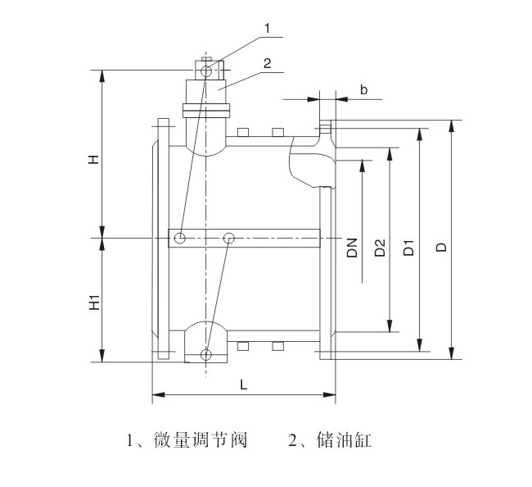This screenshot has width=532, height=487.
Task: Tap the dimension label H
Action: (94, 157)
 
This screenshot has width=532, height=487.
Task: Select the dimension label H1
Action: (94, 302)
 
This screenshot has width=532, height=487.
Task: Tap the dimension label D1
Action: (408, 248)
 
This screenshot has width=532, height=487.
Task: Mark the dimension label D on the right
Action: (441, 248)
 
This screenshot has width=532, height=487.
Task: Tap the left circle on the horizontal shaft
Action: (179, 239)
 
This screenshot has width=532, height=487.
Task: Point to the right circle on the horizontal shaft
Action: (229, 239)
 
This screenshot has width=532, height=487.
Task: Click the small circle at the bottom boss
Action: (205, 355)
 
